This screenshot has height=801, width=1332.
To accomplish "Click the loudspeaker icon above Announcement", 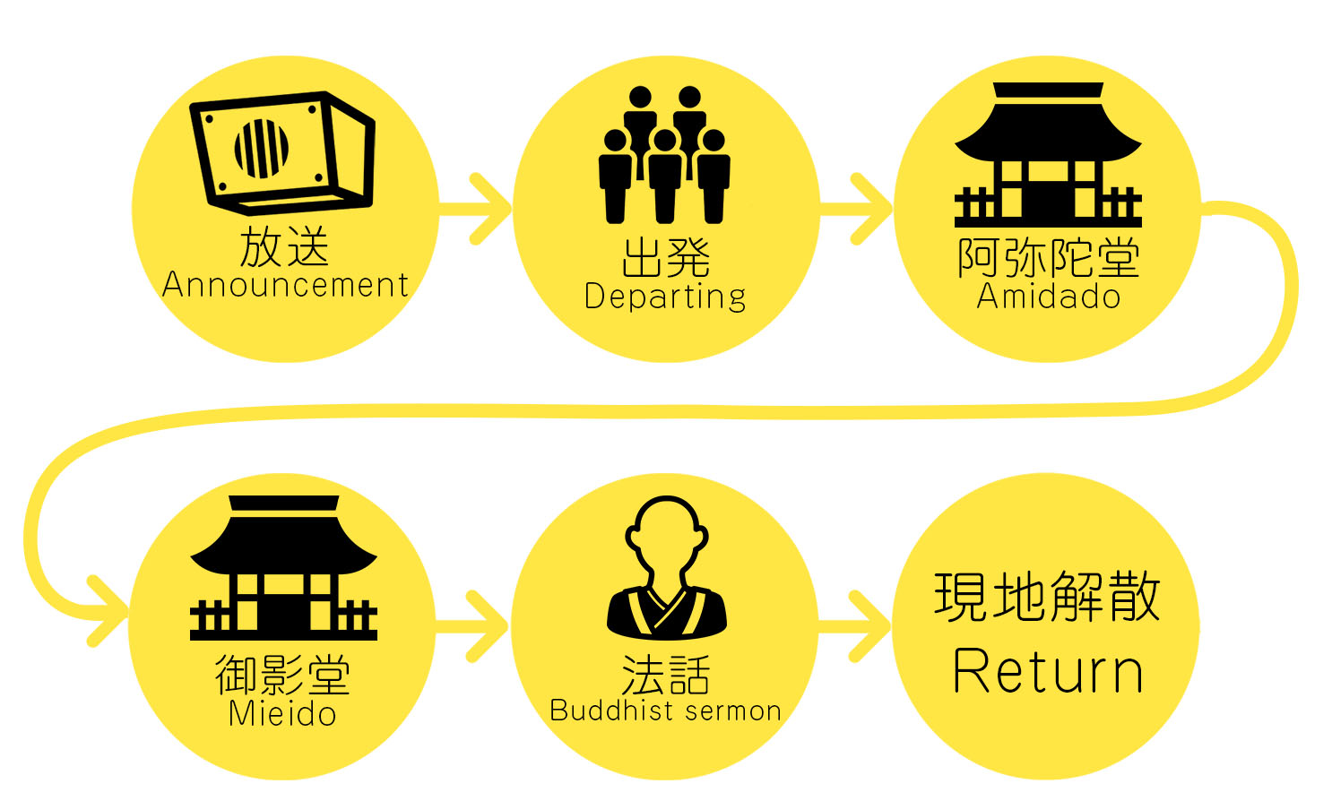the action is tap(281, 152).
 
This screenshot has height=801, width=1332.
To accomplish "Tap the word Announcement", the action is tap(285, 285).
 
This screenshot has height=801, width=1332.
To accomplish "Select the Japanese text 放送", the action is tap(284, 246).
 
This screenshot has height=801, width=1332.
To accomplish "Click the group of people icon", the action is tap(664, 154).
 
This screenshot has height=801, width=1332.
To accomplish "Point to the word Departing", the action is tap(665, 297).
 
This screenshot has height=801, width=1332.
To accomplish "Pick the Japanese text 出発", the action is tap(665, 258).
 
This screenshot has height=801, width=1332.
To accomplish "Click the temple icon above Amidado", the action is tap(1048, 154).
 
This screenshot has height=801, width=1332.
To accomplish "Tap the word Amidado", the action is tap(1049, 296).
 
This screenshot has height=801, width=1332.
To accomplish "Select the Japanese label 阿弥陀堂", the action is tap(1049, 258).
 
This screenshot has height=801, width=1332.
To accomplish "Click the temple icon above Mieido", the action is tap(283, 567).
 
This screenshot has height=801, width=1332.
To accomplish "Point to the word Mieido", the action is tap(282, 714).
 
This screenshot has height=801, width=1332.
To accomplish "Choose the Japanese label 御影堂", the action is tap(283, 675).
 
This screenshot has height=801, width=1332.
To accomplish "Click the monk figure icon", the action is tap(667, 567).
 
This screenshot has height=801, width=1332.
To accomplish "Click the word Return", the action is tap(1048, 671).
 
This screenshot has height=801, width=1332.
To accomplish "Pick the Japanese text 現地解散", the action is tap(1047, 597).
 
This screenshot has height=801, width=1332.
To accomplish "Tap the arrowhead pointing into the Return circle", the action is tap(872, 626).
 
